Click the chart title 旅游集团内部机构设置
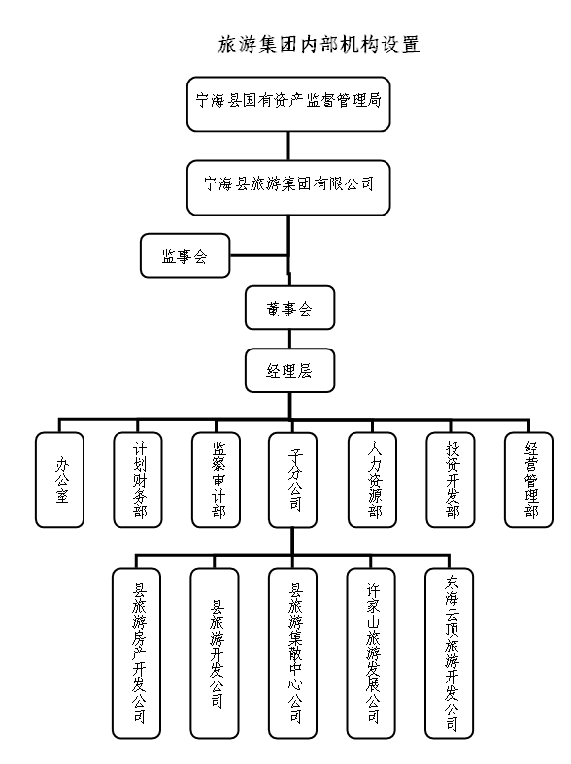coord(319,45)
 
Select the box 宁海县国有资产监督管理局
coord(288,104)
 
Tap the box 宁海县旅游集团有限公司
coord(288,187)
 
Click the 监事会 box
coord(185,256)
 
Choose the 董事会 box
coord(290,308)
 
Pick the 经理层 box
coord(290,370)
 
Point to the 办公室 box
coord(59,480)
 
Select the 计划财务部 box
coord(138,480)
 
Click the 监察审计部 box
coord(217,480)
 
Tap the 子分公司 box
coord(293,480)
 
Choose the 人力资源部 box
coord(372,480)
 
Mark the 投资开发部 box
coord(451,480)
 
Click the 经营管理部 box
coord(528,480)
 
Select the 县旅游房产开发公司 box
coord(136,653)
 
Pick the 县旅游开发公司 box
coord(215,653)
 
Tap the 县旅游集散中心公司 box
coord(293,653)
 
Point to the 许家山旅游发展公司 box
coord(371,653)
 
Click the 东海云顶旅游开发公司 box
coord(450,653)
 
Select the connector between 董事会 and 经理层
coord(290,339)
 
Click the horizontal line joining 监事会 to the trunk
coord(259,255)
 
